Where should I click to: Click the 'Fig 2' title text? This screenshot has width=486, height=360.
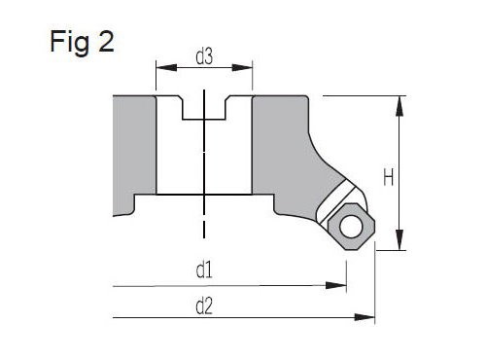coord(82,42)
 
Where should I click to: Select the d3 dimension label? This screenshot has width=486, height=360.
coord(204,56)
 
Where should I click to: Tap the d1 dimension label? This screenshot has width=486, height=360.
coord(204,270)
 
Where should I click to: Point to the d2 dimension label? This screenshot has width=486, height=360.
coord(204,306)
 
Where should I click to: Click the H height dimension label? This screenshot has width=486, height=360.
coord(389,177)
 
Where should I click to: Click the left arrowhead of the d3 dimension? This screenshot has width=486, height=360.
coord(166,68)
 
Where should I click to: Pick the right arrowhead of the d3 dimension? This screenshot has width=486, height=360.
coord(242,68)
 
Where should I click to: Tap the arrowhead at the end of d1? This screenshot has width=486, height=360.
coord(336,285)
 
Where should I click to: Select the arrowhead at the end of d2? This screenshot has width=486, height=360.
coord(364,317)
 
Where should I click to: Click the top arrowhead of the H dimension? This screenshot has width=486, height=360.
coord(399,106)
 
